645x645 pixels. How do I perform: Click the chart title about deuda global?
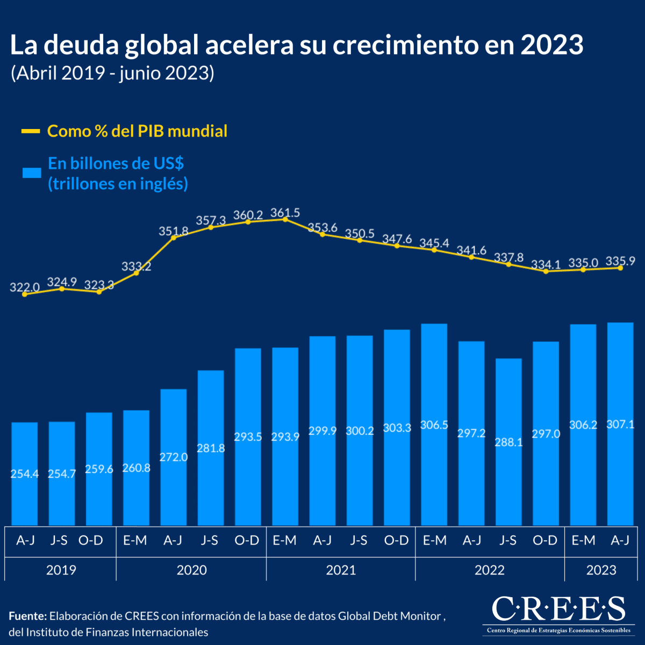(296, 45)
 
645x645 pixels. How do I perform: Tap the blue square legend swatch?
(32, 173)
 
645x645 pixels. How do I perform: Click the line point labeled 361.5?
(285, 219)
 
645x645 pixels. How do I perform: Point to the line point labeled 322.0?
(25, 294)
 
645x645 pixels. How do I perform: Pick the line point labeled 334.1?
(546, 271)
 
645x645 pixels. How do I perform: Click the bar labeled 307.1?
(620, 424)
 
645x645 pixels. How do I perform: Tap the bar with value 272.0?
(174, 457)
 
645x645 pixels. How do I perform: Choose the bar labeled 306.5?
(434, 425)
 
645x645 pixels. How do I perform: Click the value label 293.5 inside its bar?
(248, 437)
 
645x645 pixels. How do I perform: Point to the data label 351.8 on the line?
(174, 231)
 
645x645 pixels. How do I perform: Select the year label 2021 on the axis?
(341, 570)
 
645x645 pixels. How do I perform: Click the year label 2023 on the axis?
(601, 570)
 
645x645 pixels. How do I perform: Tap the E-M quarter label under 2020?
(135, 540)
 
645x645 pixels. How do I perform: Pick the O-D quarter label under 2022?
(545, 540)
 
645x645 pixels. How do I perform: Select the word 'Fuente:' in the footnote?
(27, 616)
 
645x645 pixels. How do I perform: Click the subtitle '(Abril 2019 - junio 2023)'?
(112, 73)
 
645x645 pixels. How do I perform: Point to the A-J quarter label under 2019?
(25, 540)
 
